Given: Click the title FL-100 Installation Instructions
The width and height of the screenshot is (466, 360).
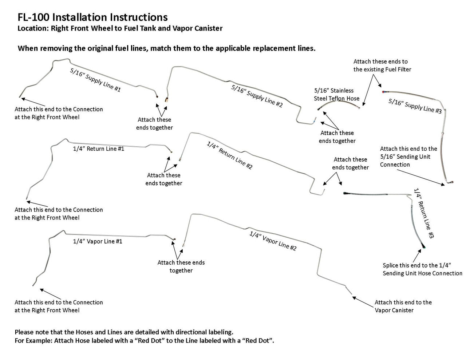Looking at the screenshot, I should [92, 17].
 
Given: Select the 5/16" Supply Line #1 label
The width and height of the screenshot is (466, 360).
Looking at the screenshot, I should [95, 79].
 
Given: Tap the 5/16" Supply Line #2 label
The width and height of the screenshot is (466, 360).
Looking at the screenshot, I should [257, 96].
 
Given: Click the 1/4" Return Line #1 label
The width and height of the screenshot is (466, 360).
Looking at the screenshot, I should [99, 149].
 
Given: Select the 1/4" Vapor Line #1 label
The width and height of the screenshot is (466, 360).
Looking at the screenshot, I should [98, 241].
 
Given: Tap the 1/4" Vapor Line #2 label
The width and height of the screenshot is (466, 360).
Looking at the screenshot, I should [273, 241].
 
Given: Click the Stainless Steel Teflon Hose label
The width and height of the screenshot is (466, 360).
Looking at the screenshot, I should [336, 94].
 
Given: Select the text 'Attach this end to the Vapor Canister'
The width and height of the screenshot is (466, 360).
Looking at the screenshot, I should [403, 306].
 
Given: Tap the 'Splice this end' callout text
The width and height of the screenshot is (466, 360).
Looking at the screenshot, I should [422, 269].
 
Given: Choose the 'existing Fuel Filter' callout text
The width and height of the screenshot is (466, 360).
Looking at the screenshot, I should [382, 65].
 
